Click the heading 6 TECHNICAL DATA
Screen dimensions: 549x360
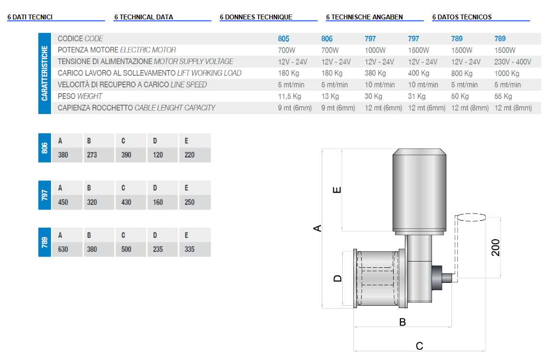[x=144, y=17]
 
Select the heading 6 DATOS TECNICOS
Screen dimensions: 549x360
[x=462, y=17]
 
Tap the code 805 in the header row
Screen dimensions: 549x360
[x=283, y=38]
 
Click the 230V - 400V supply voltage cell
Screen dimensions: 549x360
[x=513, y=62]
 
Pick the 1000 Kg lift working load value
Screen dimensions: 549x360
[x=507, y=73]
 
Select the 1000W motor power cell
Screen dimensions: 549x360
[x=375, y=50]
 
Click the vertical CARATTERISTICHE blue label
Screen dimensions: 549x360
[x=45, y=73]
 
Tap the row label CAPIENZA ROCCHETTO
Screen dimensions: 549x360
[x=95, y=108]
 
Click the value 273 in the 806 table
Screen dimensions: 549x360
[x=92, y=155]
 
